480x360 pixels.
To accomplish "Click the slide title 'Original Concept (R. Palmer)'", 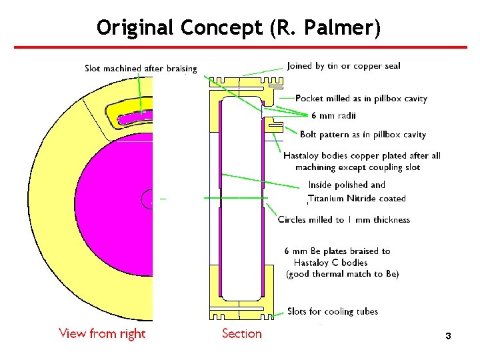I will point(239,27).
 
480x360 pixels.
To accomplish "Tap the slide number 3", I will point(448,337).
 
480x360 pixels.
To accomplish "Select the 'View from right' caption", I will point(102,333).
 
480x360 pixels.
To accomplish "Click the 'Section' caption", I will point(241,333).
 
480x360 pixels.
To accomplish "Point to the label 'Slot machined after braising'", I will point(141,69).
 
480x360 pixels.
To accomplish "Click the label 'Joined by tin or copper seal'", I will point(343,65).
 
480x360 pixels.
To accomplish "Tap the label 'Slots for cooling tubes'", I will point(332,311).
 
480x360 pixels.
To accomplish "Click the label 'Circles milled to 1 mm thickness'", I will point(343,219).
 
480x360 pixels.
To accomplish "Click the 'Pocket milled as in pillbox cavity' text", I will point(361,99).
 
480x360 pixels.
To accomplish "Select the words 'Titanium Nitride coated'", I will point(357,199).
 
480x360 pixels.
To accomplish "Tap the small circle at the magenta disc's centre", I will point(148,198).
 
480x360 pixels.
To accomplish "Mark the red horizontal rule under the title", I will point(240,48).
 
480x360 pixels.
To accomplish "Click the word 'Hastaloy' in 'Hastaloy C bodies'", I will point(312,263).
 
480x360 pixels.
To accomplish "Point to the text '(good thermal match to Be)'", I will point(342,274).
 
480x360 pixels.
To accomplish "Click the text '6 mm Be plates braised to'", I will point(337,251).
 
